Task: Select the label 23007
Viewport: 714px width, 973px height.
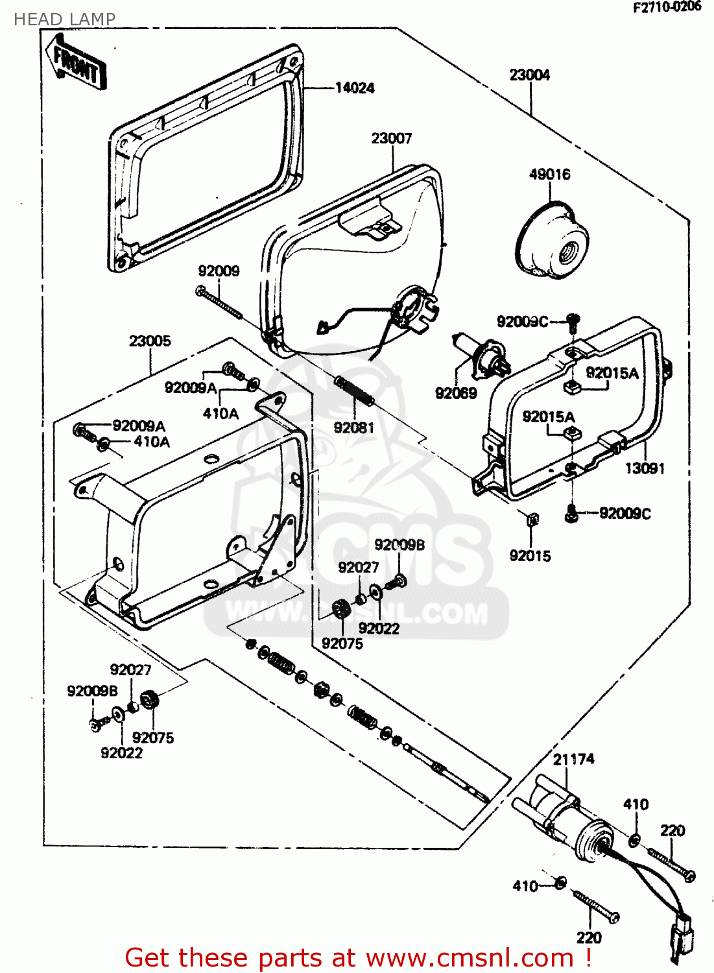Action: tap(391, 138)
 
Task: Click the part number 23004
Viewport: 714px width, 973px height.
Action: tap(529, 75)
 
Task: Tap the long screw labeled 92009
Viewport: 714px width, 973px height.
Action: tap(219, 303)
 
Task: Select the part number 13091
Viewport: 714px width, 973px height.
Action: tap(645, 468)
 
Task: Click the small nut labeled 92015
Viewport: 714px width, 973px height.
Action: tap(531, 518)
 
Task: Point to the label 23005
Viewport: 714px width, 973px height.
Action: tap(150, 341)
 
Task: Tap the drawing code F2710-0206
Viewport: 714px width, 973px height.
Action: tap(667, 7)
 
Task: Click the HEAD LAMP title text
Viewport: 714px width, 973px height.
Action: tap(64, 19)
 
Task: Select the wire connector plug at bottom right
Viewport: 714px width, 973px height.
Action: tap(681, 931)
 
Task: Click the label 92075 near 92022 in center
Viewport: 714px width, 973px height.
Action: tap(342, 643)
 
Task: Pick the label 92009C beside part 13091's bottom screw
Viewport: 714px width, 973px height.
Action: tap(625, 514)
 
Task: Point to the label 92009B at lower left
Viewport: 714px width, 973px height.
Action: tap(92, 691)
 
